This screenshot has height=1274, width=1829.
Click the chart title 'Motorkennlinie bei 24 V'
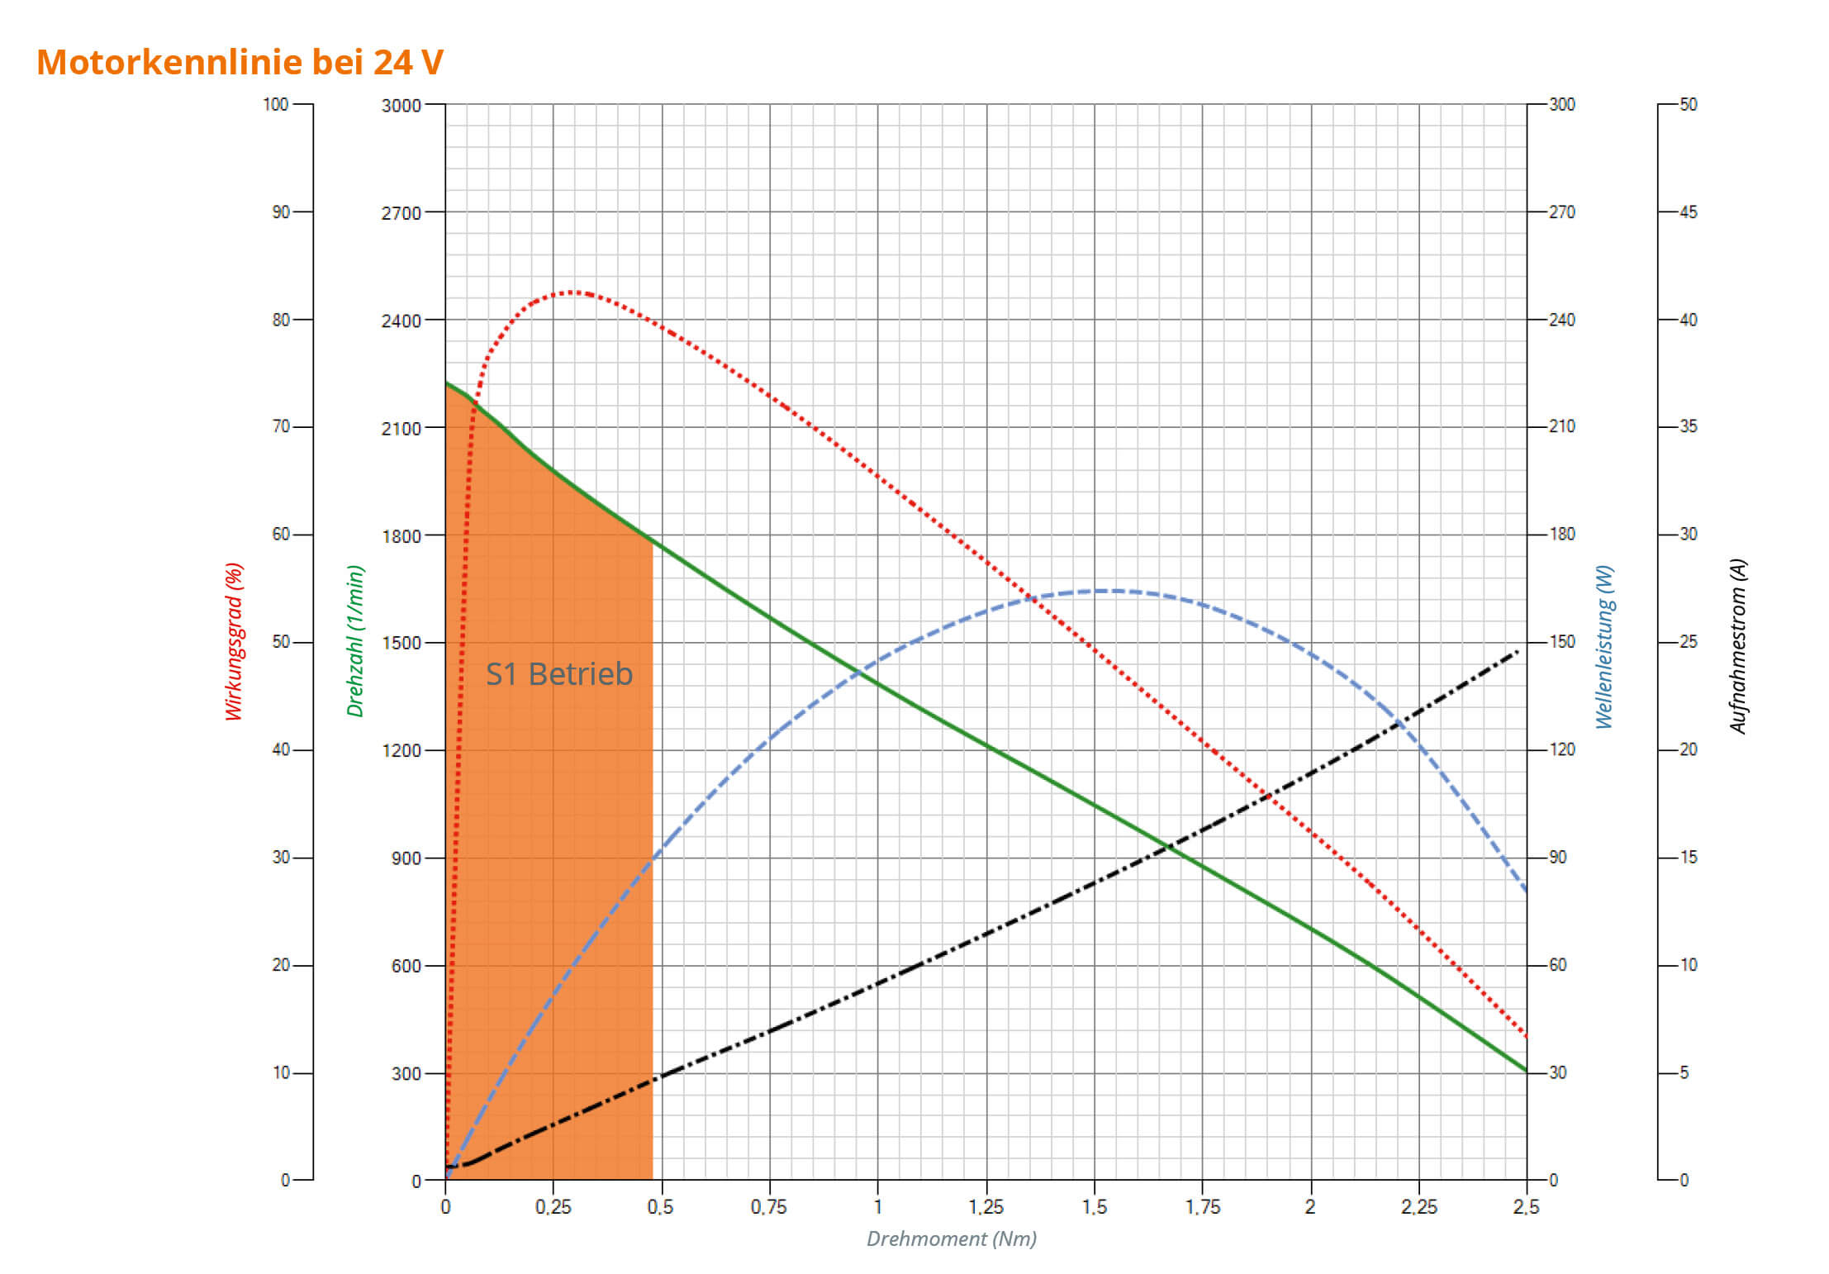(x=240, y=62)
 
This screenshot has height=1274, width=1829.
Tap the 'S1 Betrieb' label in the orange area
(x=558, y=674)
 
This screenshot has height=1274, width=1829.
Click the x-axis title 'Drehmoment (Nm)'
(x=951, y=1238)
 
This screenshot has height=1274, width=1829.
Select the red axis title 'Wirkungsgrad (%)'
(x=235, y=641)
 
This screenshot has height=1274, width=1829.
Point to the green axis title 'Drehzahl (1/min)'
(x=355, y=641)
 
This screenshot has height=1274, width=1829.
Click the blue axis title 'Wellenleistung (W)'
(x=1604, y=647)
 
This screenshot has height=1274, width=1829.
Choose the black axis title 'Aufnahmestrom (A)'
(x=1738, y=647)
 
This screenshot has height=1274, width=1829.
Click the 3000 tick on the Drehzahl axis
(x=401, y=106)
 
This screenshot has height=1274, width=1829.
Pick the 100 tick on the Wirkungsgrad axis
(x=275, y=105)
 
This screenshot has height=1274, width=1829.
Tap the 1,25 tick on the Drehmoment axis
(x=986, y=1207)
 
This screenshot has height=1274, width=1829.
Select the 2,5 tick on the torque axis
(x=1526, y=1207)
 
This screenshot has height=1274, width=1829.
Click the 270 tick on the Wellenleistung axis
(x=1561, y=212)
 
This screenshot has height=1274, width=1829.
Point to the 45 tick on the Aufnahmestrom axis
(x=1688, y=212)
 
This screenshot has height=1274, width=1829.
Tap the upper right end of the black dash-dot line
(x=1517, y=652)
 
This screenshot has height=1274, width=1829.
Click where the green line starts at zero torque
(x=446, y=383)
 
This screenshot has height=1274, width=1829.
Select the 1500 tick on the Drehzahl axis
(x=401, y=643)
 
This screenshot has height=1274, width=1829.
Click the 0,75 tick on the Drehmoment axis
(x=768, y=1207)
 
